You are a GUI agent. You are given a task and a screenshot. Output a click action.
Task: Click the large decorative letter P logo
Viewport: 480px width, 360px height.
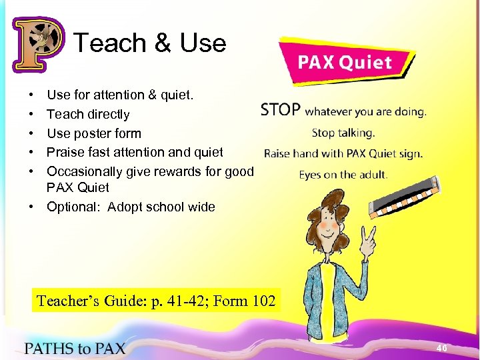pos(37,45)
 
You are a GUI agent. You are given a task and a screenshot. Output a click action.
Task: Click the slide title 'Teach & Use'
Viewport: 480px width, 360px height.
pos(150,43)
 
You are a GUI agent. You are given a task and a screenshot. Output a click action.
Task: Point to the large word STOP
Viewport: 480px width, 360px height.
pos(281,110)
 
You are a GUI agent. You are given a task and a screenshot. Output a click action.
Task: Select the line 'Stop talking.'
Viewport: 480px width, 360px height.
pos(343,132)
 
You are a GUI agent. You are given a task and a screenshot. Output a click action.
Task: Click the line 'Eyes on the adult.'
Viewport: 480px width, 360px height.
pos(343,175)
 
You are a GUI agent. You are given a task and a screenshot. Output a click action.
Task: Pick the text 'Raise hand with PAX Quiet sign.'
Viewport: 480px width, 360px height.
pos(343,153)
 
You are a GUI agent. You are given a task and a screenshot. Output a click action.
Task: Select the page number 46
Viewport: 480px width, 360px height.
pos(441,348)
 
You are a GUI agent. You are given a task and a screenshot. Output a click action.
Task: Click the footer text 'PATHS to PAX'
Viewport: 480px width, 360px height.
pos(75,348)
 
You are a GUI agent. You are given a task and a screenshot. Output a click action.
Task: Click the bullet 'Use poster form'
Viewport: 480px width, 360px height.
pos(94,133)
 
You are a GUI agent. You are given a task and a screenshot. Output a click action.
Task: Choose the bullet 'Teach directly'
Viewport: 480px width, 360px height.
pos(88,115)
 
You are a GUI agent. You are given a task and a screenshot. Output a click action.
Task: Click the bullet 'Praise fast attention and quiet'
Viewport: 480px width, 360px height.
pos(135,152)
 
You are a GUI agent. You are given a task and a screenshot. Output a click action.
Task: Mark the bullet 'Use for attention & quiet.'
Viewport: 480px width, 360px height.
pos(120,95)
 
